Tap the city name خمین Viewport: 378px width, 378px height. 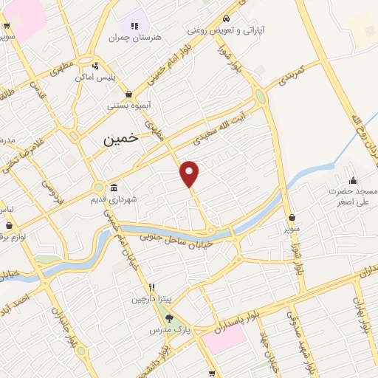pos(120,138)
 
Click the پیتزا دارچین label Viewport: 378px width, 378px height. pos(150,299)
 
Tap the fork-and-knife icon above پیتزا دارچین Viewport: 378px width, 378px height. pos(152,287)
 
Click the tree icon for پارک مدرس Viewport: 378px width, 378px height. pos(171,319)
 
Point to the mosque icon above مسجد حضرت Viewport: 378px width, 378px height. pos(354,180)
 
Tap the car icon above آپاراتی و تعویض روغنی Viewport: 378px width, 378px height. pos(226,19)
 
